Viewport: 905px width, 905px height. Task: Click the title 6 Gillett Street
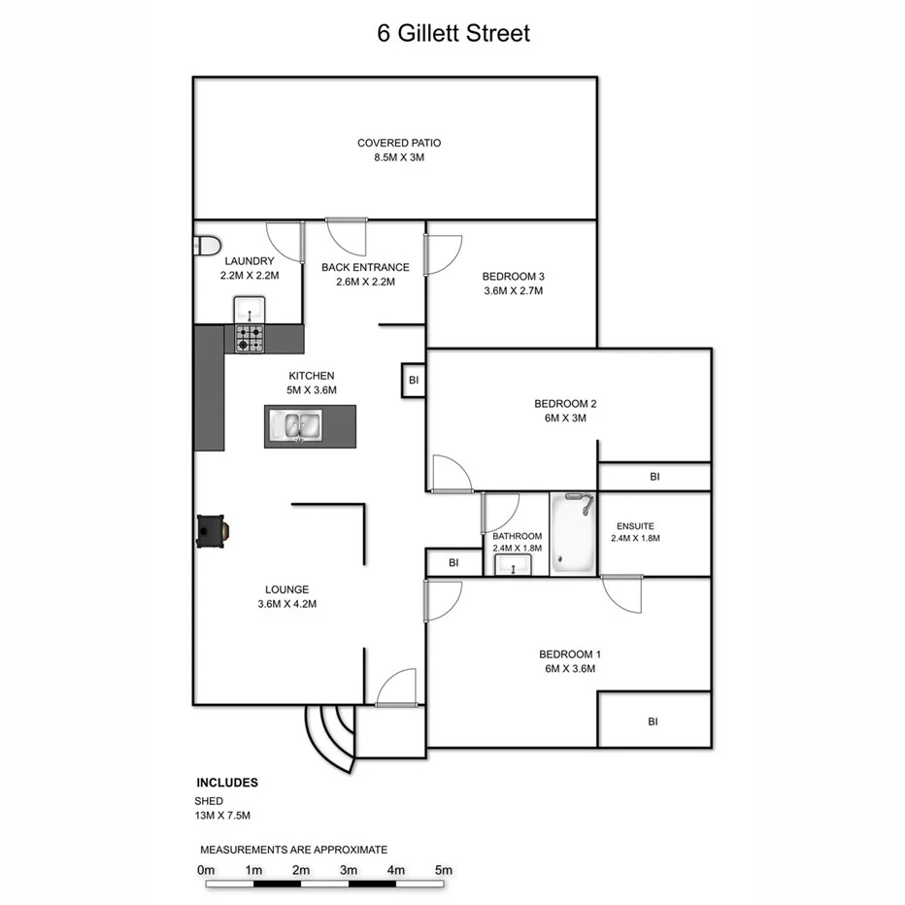[x=453, y=33]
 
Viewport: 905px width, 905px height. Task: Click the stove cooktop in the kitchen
[x=249, y=338]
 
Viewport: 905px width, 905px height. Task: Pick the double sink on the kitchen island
[x=298, y=426]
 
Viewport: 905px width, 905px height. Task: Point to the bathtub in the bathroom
[x=573, y=534]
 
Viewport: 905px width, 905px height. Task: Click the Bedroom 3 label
[x=512, y=276]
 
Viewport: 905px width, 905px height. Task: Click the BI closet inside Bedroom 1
[x=654, y=721]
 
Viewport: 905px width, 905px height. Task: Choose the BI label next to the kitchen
[x=414, y=381]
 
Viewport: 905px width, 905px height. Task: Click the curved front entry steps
[x=330, y=736]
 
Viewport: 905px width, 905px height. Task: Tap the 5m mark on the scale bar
[x=443, y=869]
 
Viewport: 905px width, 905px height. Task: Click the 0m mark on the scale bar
[x=206, y=869]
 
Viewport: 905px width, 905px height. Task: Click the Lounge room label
[x=286, y=589]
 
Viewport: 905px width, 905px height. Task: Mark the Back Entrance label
[x=365, y=267]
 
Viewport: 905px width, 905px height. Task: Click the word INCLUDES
[x=227, y=782]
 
